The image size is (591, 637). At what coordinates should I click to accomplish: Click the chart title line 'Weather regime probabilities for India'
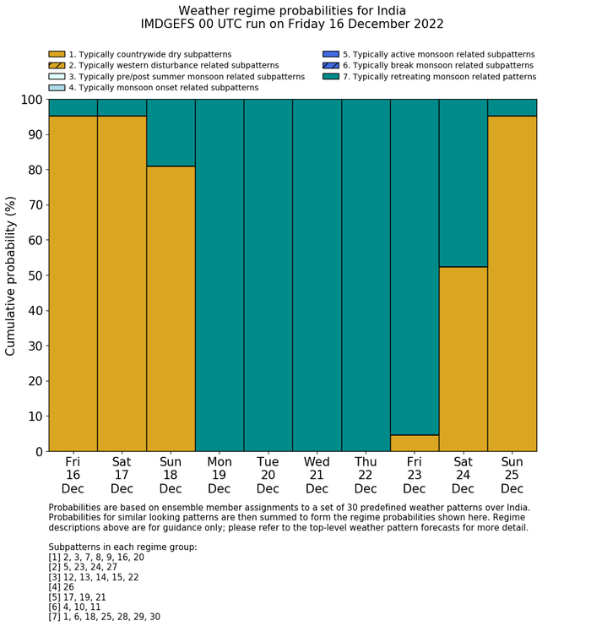click(x=292, y=11)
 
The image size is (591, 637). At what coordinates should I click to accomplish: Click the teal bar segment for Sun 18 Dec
click(x=171, y=133)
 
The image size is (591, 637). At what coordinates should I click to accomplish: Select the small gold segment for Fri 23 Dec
click(x=414, y=443)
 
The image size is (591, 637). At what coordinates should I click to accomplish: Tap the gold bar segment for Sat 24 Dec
click(x=463, y=359)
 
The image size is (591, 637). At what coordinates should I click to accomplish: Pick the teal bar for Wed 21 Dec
click(x=317, y=275)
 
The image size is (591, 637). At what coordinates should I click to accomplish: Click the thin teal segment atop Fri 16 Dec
click(x=73, y=107)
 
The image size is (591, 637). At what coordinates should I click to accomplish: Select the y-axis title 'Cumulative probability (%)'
click(x=11, y=275)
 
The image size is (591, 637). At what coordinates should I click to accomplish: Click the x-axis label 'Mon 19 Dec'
click(x=219, y=475)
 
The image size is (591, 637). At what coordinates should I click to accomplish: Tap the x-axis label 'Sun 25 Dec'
click(x=512, y=475)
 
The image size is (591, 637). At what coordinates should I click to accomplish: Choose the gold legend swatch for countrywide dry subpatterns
click(x=57, y=54)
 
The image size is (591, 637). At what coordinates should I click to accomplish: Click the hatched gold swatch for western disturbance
click(x=57, y=65)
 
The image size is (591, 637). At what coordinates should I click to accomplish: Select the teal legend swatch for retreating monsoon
click(x=330, y=76)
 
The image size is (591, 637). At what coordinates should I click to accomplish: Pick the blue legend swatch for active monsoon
click(x=330, y=54)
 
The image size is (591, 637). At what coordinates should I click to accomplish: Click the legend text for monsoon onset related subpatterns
click(x=163, y=87)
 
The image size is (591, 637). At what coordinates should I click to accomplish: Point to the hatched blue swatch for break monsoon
click(x=330, y=65)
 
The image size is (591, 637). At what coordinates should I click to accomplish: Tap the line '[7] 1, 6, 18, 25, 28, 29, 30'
click(x=104, y=617)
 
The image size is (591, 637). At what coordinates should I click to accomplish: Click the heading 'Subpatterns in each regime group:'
click(x=122, y=547)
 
